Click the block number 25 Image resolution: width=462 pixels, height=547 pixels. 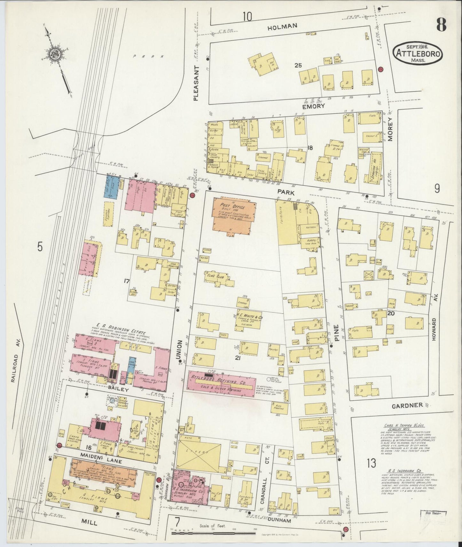[298, 66]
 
